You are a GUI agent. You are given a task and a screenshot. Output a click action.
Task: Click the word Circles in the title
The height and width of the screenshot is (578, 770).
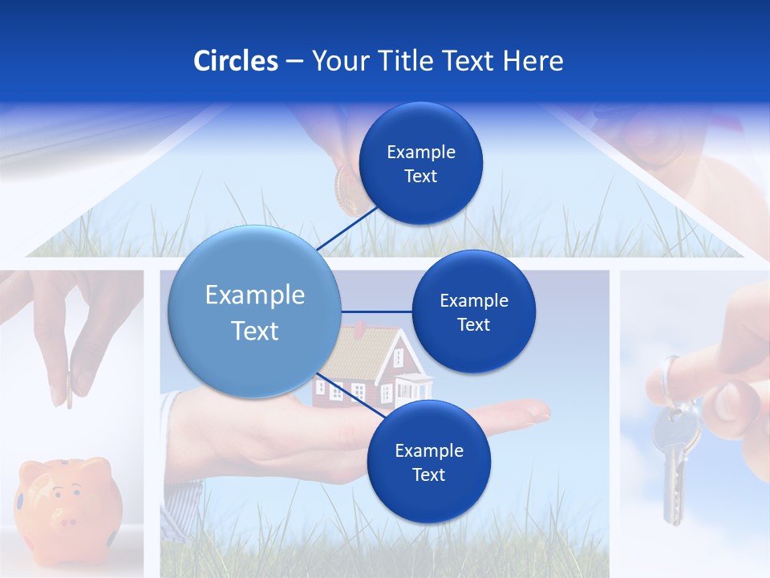(x=235, y=61)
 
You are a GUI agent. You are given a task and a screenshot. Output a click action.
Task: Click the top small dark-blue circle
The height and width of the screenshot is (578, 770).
(x=420, y=164)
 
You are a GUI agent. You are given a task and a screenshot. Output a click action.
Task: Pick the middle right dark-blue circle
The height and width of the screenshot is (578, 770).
(x=473, y=311)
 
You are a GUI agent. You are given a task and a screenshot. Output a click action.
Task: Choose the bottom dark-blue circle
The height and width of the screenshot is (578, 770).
(x=428, y=462)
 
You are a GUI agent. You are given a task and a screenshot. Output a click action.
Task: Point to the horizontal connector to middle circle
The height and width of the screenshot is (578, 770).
(x=376, y=311)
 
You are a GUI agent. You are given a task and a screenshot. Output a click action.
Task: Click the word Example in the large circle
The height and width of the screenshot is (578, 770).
(x=255, y=295)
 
